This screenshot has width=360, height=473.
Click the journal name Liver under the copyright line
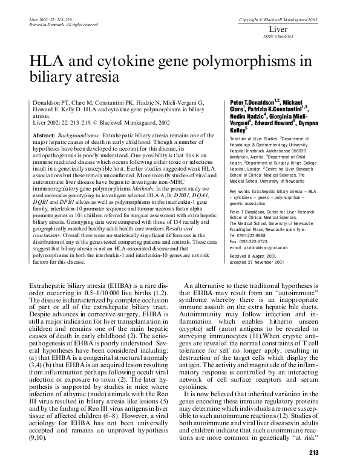point(277,28)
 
